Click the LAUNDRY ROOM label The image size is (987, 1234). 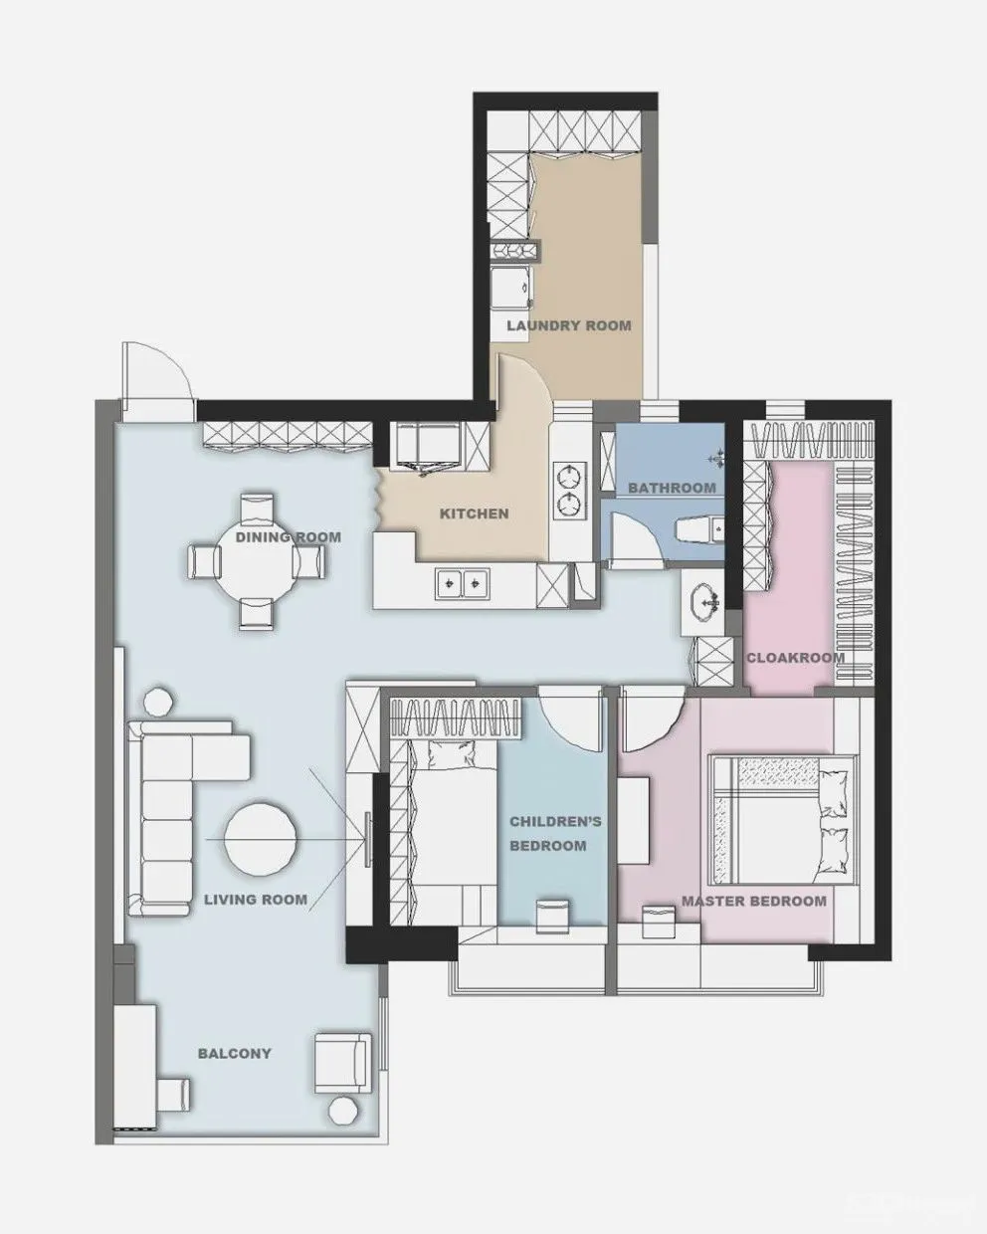[569, 325]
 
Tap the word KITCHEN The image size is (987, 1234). [475, 514]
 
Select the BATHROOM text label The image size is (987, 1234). [673, 488]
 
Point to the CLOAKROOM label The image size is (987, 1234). [795, 658]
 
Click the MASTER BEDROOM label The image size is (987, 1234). [754, 901]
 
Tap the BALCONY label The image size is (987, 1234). [235, 1053]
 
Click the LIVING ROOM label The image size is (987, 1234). [256, 900]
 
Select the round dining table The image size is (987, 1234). [257, 561]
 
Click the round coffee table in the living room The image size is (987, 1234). [260, 839]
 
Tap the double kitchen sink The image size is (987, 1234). [461, 584]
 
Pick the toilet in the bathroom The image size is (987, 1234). [700, 529]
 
